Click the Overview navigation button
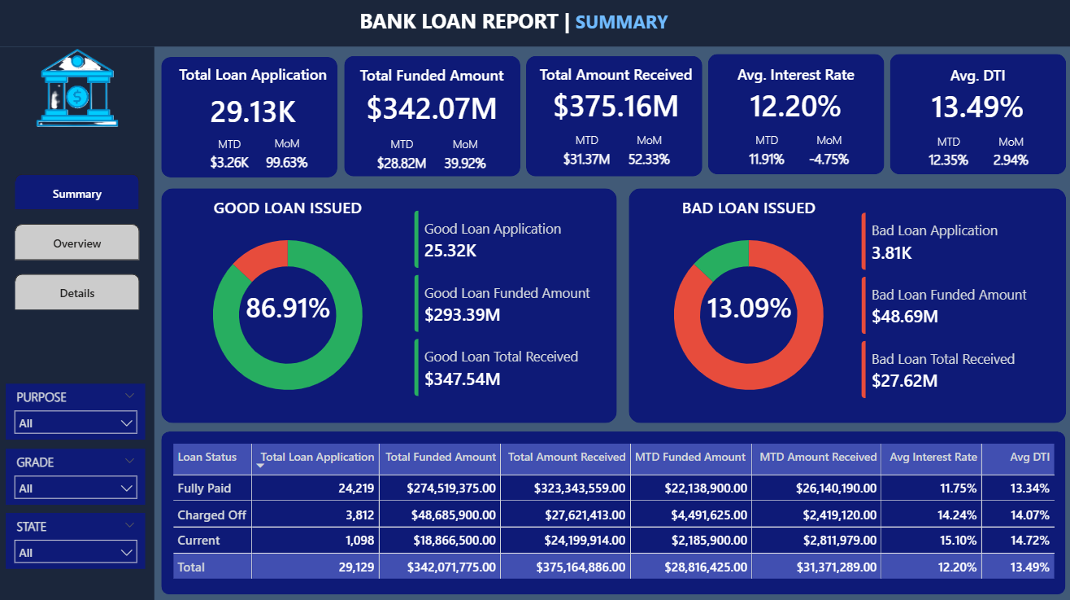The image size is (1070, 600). click(77, 243)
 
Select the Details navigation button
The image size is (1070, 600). click(77, 292)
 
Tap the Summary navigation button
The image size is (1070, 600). click(77, 193)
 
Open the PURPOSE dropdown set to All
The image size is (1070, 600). click(76, 423)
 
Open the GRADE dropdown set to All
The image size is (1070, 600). click(76, 488)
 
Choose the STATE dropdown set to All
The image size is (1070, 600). click(76, 552)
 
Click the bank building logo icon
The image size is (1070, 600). click(77, 89)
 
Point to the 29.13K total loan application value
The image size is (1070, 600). click(253, 112)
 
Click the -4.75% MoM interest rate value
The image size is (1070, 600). click(829, 160)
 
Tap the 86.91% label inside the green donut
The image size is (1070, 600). click(288, 308)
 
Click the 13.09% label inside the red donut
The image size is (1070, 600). click(749, 308)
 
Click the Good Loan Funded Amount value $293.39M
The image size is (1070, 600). click(462, 315)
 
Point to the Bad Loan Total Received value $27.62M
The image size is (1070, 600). click(904, 381)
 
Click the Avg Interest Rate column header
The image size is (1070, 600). click(933, 457)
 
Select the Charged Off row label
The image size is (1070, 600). click(211, 515)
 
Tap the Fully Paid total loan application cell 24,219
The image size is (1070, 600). click(356, 488)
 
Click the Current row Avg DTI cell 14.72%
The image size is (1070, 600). click(1029, 541)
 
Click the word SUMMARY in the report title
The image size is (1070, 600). click(621, 22)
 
